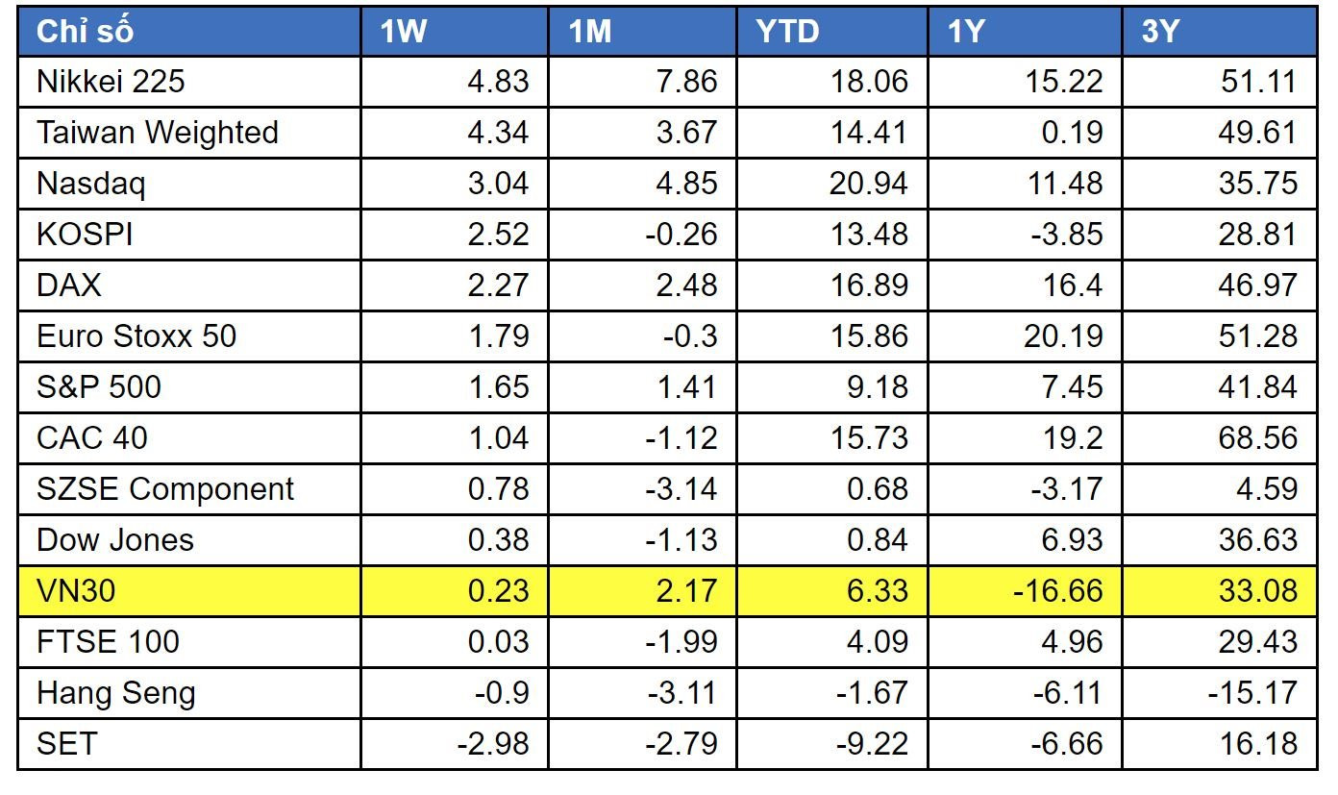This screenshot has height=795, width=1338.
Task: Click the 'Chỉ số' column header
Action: tap(85, 31)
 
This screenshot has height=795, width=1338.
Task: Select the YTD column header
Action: tap(787, 31)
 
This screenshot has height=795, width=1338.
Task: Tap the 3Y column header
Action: tap(1160, 31)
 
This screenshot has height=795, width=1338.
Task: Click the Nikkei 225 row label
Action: tap(111, 82)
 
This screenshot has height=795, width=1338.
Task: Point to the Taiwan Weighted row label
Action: tap(158, 133)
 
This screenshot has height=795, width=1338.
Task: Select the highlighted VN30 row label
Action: tap(76, 591)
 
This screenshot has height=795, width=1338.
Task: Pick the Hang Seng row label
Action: tap(116, 693)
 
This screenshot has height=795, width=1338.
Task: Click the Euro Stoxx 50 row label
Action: tap(136, 336)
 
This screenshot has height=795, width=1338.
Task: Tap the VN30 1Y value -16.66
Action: tap(1058, 591)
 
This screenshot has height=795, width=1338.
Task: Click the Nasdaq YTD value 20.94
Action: tap(869, 184)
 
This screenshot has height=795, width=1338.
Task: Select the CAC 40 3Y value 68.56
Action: tap(1258, 438)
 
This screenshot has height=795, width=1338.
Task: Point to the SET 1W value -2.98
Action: tap(493, 744)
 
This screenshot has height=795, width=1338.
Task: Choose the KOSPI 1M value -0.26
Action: tap(681, 235)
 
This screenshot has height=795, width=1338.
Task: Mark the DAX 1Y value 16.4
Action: tap(1073, 285)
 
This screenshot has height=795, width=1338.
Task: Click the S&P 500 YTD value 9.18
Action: tap(878, 387)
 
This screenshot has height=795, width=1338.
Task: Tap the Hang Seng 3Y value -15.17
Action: tap(1252, 693)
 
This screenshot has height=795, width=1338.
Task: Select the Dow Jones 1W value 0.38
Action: tap(498, 540)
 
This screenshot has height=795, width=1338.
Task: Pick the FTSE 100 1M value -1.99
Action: tap(681, 642)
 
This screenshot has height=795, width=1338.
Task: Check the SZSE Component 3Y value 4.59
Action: tap(1267, 489)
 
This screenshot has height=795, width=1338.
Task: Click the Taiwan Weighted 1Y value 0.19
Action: tap(1072, 133)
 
